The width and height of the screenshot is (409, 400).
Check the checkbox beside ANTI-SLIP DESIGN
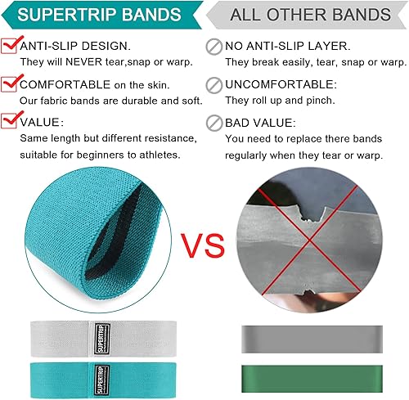click(x=11, y=46)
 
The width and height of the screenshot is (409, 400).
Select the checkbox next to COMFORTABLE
click(x=11, y=82)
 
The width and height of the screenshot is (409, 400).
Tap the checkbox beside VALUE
click(x=11, y=119)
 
